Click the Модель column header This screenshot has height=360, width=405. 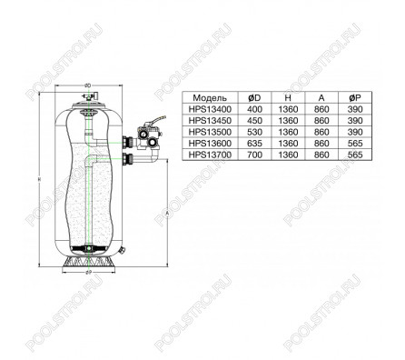210,98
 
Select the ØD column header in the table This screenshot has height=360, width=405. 254,98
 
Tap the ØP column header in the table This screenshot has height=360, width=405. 355,98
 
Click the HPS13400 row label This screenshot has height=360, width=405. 210,109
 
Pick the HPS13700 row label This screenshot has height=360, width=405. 210,155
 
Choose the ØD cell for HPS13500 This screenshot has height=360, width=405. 254,132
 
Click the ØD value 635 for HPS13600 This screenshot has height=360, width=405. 254,144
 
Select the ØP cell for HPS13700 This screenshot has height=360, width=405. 355,155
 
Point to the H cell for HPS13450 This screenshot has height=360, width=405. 288,121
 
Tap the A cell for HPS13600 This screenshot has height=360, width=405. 321,144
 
